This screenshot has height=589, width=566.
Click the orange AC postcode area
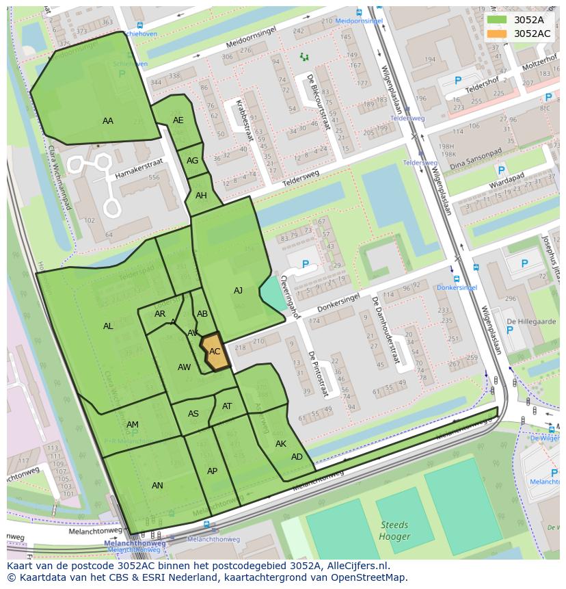click(215, 352)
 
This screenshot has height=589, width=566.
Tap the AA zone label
click(108, 121)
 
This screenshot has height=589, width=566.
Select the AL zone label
click(108, 326)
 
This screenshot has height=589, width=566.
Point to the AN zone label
click(157, 486)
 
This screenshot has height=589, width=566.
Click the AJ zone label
click(238, 291)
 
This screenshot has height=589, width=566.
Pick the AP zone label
click(212, 471)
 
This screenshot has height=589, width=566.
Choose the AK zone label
click(281, 444)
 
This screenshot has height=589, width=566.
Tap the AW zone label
click(184, 367)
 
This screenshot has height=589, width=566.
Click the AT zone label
click(227, 406)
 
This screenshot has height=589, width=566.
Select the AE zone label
click(178, 120)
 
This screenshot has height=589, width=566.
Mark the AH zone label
click(201, 196)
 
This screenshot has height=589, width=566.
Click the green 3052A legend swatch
click(497, 20)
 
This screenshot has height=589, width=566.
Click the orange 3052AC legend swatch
click(497, 34)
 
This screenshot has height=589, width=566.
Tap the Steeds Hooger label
click(395, 532)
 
